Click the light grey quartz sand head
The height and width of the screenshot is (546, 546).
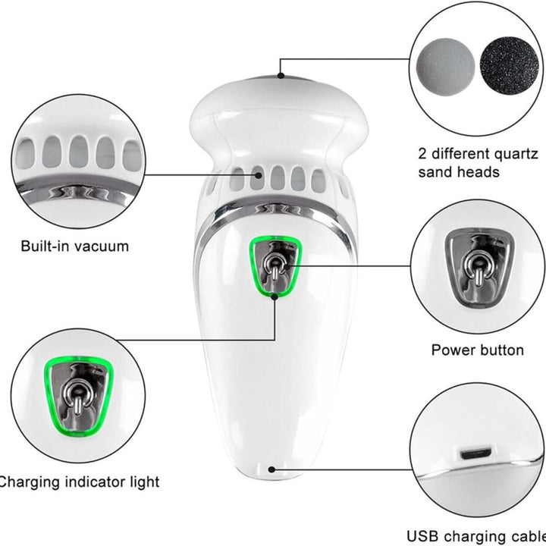(445, 67)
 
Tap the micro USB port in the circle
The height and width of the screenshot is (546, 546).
(475, 453)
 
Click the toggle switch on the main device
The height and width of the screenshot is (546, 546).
(275, 266)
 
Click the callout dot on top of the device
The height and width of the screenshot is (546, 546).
(281, 75)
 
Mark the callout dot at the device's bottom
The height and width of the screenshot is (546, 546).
(272, 469)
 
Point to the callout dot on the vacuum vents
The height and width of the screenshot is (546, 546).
(258, 175)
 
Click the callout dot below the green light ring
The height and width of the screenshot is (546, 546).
(275, 297)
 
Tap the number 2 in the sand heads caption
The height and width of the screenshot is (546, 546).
(422, 153)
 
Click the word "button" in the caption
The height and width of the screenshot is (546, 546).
(500, 350)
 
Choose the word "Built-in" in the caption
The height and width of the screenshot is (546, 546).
(45, 246)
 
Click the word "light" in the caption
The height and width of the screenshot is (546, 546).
(145, 482)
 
